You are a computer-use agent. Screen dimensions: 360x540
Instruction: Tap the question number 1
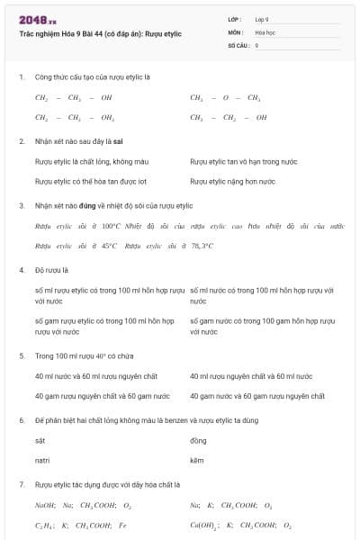(x=21, y=76)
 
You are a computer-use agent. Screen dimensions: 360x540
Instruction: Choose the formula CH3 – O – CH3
(x=225, y=97)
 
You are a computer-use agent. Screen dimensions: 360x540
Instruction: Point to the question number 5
(x=21, y=355)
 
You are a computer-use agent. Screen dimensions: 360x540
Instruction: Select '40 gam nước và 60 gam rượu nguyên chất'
(x=251, y=395)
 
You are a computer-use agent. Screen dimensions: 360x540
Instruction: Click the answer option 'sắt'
(x=40, y=440)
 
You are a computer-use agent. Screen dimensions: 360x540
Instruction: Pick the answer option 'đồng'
(x=198, y=440)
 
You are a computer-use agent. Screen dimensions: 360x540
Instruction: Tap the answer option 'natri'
(x=41, y=460)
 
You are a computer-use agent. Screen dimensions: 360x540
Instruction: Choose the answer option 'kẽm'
(x=197, y=460)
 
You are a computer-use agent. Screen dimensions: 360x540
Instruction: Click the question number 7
(x=21, y=484)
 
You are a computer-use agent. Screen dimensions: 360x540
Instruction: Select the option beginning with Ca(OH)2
(x=240, y=525)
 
